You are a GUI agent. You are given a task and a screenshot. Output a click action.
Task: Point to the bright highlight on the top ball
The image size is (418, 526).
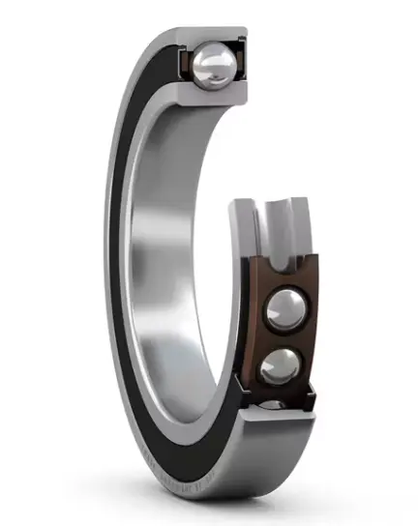[x=208, y=60]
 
